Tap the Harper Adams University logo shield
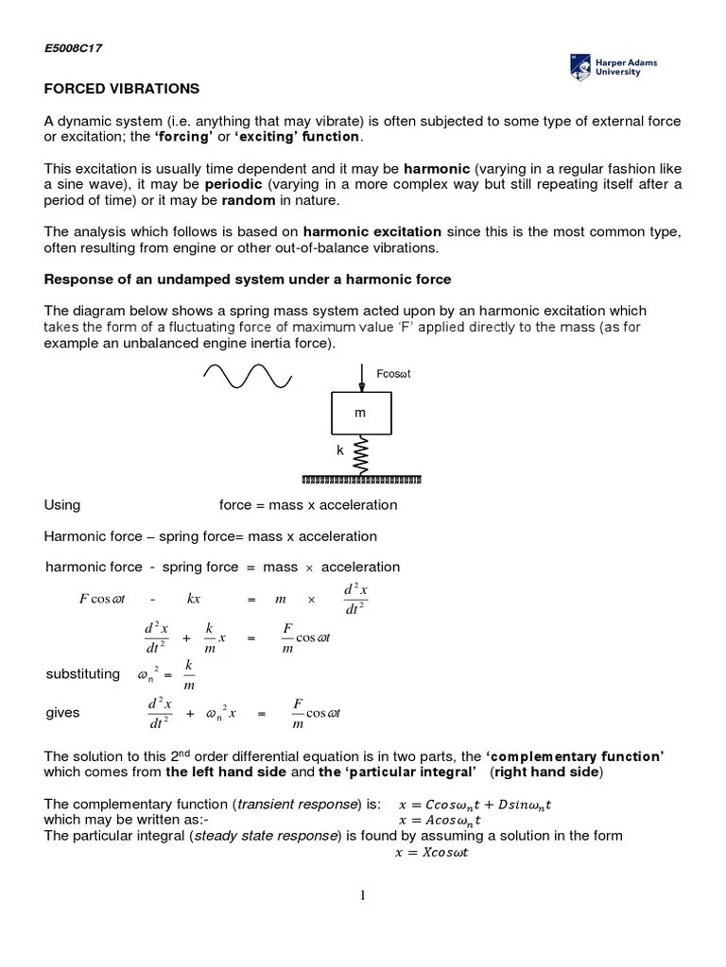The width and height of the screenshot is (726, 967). click(580, 66)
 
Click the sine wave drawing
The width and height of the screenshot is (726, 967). click(247, 377)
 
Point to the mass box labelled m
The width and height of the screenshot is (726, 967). click(360, 414)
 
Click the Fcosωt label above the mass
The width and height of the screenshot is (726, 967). click(393, 374)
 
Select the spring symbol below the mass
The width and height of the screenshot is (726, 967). click(360, 455)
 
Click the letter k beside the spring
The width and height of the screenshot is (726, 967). click(340, 451)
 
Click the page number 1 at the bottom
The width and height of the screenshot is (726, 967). click(362, 896)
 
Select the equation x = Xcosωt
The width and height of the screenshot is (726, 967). click(431, 852)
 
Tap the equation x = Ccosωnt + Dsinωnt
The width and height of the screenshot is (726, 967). click(475, 804)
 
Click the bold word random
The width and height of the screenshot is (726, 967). click(249, 200)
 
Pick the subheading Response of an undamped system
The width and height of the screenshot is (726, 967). click(248, 280)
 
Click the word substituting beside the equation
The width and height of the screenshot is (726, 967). click(83, 674)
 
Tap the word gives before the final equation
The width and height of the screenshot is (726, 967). click(62, 713)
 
